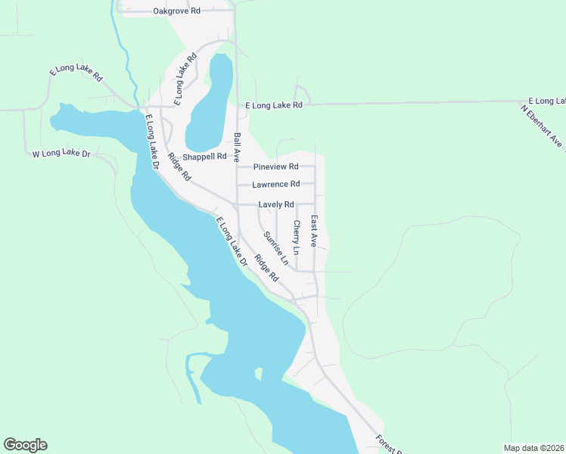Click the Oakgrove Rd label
tap(176, 11)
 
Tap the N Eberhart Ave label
tap(542, 125)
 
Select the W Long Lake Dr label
tap(61, 154)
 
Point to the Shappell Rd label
tap(205, 157)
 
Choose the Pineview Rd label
tap(276, 166)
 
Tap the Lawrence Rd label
tap(276, 184)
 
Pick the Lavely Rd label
tap(275, 204)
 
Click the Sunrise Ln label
tap(276, 248)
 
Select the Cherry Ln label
tap(297, 236)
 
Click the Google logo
tap(25, 445)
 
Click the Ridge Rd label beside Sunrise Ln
tap(266, 268)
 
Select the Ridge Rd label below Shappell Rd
tap(179, 167)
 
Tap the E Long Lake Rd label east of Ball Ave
tap(274, 105)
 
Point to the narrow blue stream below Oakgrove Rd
tap(121, 45)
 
